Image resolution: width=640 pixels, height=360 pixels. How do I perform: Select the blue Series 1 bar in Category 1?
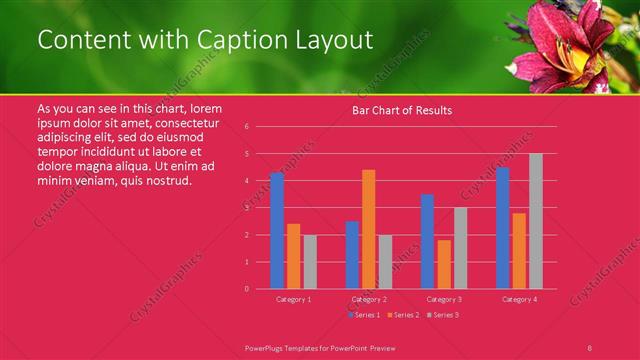point(277,231)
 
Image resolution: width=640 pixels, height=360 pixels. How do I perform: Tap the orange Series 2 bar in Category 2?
point(369,229)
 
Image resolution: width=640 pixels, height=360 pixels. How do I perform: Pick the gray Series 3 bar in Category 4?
point(536,221)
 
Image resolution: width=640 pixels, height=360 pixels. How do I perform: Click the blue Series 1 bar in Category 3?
point(427,241)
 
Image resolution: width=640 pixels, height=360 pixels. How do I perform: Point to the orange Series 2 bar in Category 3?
point(444,264)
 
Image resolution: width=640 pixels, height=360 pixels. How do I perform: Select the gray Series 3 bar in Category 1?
point(310,262)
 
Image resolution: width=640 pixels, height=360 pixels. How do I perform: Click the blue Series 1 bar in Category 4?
point(503,228)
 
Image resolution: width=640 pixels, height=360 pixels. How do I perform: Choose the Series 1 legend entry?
point(364,315)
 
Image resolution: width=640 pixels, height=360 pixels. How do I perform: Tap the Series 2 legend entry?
point(402,315)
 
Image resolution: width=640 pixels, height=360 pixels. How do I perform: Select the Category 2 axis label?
point(369,299)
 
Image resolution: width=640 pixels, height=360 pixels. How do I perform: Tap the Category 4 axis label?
point(519,299)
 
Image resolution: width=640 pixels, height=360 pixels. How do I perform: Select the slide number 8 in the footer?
point(589,347)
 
